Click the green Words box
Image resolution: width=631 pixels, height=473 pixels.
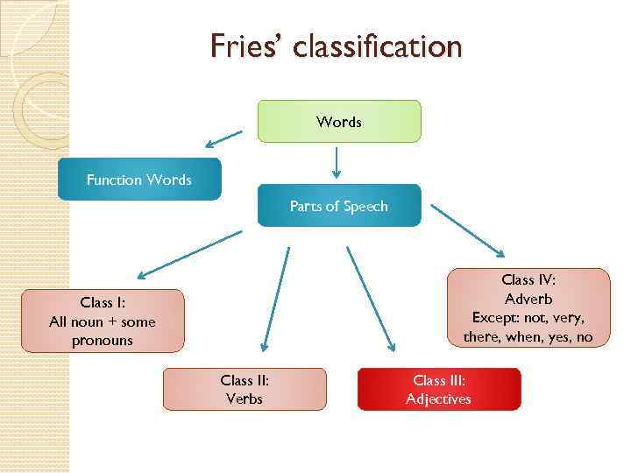[x=338, y=121]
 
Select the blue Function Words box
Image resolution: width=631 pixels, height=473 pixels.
[x=139, y=180]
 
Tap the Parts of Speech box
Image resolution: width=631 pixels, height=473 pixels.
[x=338, y=206]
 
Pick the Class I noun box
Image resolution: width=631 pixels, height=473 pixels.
[x=103, y=321]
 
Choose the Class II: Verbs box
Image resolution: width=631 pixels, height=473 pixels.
[x=245, y=389]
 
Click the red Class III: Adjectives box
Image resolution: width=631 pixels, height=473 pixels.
[x=438, y=389]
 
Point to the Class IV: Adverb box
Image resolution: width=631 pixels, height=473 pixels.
[x=528, y=307]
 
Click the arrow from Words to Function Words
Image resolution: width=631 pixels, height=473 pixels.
[x=224, y=138]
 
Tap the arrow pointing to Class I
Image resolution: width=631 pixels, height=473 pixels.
[x=188, y=251]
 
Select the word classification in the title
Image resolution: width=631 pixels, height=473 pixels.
[x=378, y=46]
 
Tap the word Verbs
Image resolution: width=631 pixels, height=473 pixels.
[x=245, y=399]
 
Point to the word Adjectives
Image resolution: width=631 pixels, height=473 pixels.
[x=438, y=399]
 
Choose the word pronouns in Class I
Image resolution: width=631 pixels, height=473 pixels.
[x=103, y=341]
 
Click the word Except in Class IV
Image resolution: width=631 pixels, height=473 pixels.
[x=493, y=317]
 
